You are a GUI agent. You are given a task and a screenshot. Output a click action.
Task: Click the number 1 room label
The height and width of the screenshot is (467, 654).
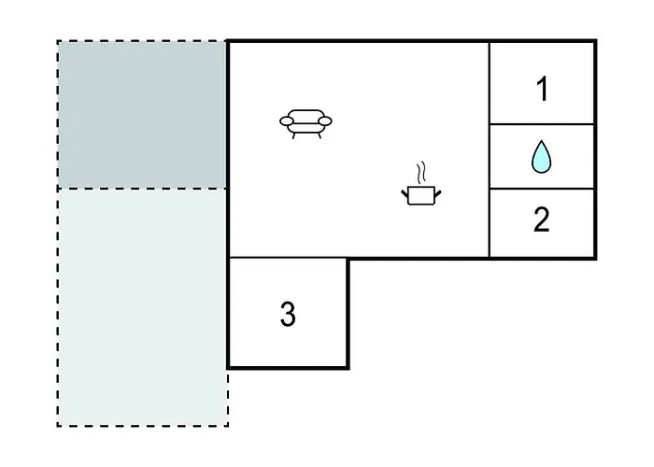(542, 89)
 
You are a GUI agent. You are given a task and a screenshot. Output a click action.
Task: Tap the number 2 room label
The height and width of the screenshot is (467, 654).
(541, 219)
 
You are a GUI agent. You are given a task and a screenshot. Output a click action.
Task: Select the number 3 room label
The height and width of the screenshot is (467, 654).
(288, 314)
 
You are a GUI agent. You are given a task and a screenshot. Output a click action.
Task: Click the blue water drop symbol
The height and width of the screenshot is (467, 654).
(541, 156)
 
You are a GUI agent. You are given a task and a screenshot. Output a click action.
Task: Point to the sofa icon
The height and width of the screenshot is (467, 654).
(306, 124)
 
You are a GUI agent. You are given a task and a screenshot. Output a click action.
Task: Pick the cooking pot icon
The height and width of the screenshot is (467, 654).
(420, 195)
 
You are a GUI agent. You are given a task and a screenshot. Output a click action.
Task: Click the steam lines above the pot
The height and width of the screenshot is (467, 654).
(421, 172)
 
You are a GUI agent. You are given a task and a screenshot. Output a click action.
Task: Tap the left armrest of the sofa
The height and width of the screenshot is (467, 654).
(287, 120)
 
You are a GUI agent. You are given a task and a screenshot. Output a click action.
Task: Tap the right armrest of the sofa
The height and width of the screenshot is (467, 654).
(325, 120)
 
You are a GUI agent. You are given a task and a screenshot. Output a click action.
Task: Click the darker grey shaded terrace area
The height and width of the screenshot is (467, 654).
(142, 115)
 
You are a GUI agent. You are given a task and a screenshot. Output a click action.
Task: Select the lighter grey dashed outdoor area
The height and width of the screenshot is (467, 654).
(142, 307)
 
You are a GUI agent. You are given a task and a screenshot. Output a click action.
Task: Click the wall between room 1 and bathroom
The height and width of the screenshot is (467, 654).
(541, 124)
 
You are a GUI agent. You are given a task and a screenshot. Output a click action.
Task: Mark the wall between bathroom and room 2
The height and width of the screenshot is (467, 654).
(541, 189)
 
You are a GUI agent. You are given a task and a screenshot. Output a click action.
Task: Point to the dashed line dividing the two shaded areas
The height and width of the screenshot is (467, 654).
(142, 189)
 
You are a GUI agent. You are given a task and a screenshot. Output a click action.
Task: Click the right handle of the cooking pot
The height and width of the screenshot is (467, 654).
(438, 193)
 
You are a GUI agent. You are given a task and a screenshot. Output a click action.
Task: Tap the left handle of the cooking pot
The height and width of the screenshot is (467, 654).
(405, 193)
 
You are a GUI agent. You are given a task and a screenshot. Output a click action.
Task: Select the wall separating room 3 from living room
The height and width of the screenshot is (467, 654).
(288, 258)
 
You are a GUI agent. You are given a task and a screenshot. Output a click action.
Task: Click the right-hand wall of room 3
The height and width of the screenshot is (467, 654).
(348, 313)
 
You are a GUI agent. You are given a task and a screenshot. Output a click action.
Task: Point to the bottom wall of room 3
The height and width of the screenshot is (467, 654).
(288, 367)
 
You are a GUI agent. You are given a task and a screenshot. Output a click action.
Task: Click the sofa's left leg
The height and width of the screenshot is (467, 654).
(293, 136)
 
